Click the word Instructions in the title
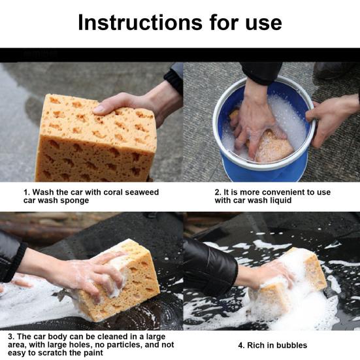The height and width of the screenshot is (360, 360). click(x=140, y=22)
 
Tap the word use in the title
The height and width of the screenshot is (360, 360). click(x=263, y=24)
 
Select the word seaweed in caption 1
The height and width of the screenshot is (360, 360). click(x=142, y=192)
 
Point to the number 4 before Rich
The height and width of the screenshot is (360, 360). click(x=241, y=346)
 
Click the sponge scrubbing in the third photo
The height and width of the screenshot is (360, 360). click(x=120, y=285)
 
